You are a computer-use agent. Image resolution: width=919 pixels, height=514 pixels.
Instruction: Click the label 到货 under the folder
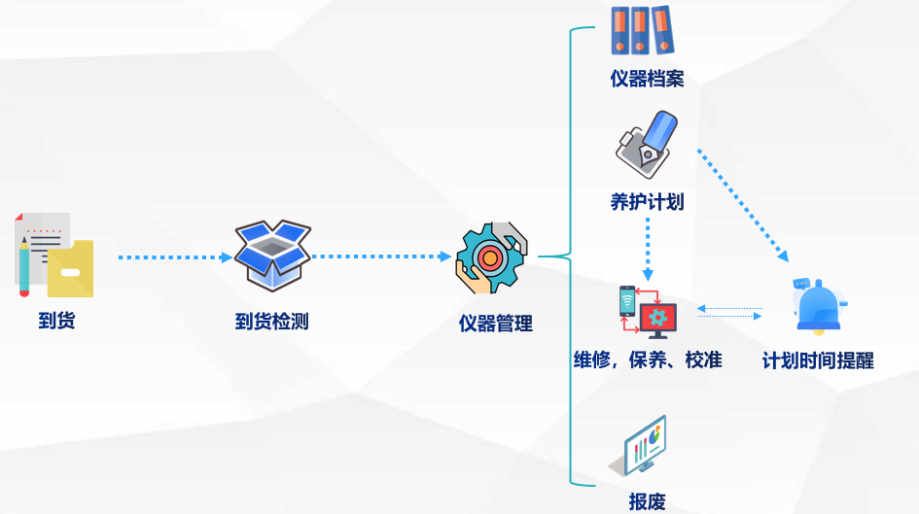coord(56,320)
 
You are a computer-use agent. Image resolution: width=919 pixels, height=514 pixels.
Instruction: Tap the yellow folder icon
coord(70,268)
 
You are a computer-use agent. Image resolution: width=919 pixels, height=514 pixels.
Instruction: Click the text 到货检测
coord(272,321)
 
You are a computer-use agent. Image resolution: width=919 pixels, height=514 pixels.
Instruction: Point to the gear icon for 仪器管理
coord(491,257)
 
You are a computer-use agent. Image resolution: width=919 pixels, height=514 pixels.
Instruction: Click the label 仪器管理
coord(496,324)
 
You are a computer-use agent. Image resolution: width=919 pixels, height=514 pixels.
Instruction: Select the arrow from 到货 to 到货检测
coord(175,257)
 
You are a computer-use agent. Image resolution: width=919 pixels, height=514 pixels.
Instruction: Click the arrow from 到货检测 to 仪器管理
coord(381,257)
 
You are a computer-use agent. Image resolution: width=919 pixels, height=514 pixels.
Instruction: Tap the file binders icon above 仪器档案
coord(642,31)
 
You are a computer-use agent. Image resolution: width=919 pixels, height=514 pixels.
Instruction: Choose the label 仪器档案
coord(647,79)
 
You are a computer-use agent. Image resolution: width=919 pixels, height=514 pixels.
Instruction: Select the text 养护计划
coord(647,202)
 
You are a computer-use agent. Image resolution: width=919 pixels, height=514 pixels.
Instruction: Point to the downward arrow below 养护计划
coord(648,249)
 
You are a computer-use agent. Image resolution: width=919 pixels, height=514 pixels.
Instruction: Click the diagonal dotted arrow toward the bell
coord(743,205)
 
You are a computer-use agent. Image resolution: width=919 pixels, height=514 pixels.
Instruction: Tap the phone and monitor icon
coord(648,312)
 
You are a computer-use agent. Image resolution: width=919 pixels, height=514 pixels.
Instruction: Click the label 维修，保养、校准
coord(648,360)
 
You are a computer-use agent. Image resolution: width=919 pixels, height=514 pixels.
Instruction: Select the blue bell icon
coord(819,304)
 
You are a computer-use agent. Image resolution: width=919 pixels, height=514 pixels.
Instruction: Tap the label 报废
coord(647,501)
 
